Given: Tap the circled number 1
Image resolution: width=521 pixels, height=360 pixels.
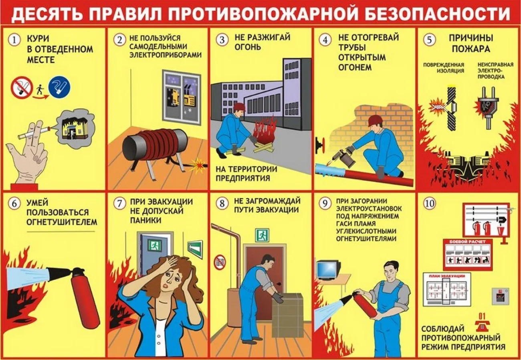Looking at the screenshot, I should coord(15,40).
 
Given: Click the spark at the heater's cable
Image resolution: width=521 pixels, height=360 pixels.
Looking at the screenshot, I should coord(197,164).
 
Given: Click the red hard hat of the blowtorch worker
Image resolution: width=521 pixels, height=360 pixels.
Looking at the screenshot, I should coord(375,120).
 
